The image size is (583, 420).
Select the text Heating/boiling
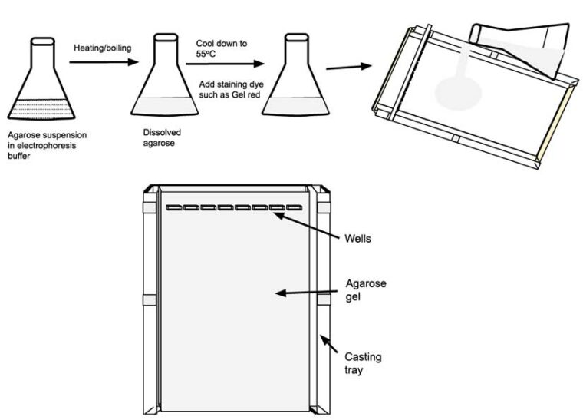100,48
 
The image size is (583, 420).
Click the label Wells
357,239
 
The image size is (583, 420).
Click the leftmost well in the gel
174,207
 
